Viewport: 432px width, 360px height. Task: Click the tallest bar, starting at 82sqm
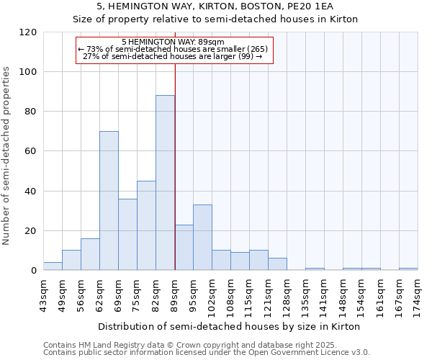165,183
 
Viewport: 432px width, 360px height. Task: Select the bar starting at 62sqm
109,201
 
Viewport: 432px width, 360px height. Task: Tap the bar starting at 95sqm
202,238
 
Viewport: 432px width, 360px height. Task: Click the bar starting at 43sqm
53,266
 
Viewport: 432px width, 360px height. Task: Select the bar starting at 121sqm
277,264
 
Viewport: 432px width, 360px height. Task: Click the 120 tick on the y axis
27,32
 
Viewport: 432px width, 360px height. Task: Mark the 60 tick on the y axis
30,152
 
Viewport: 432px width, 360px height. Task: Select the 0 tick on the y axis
33,271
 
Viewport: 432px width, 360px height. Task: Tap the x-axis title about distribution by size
228,326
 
